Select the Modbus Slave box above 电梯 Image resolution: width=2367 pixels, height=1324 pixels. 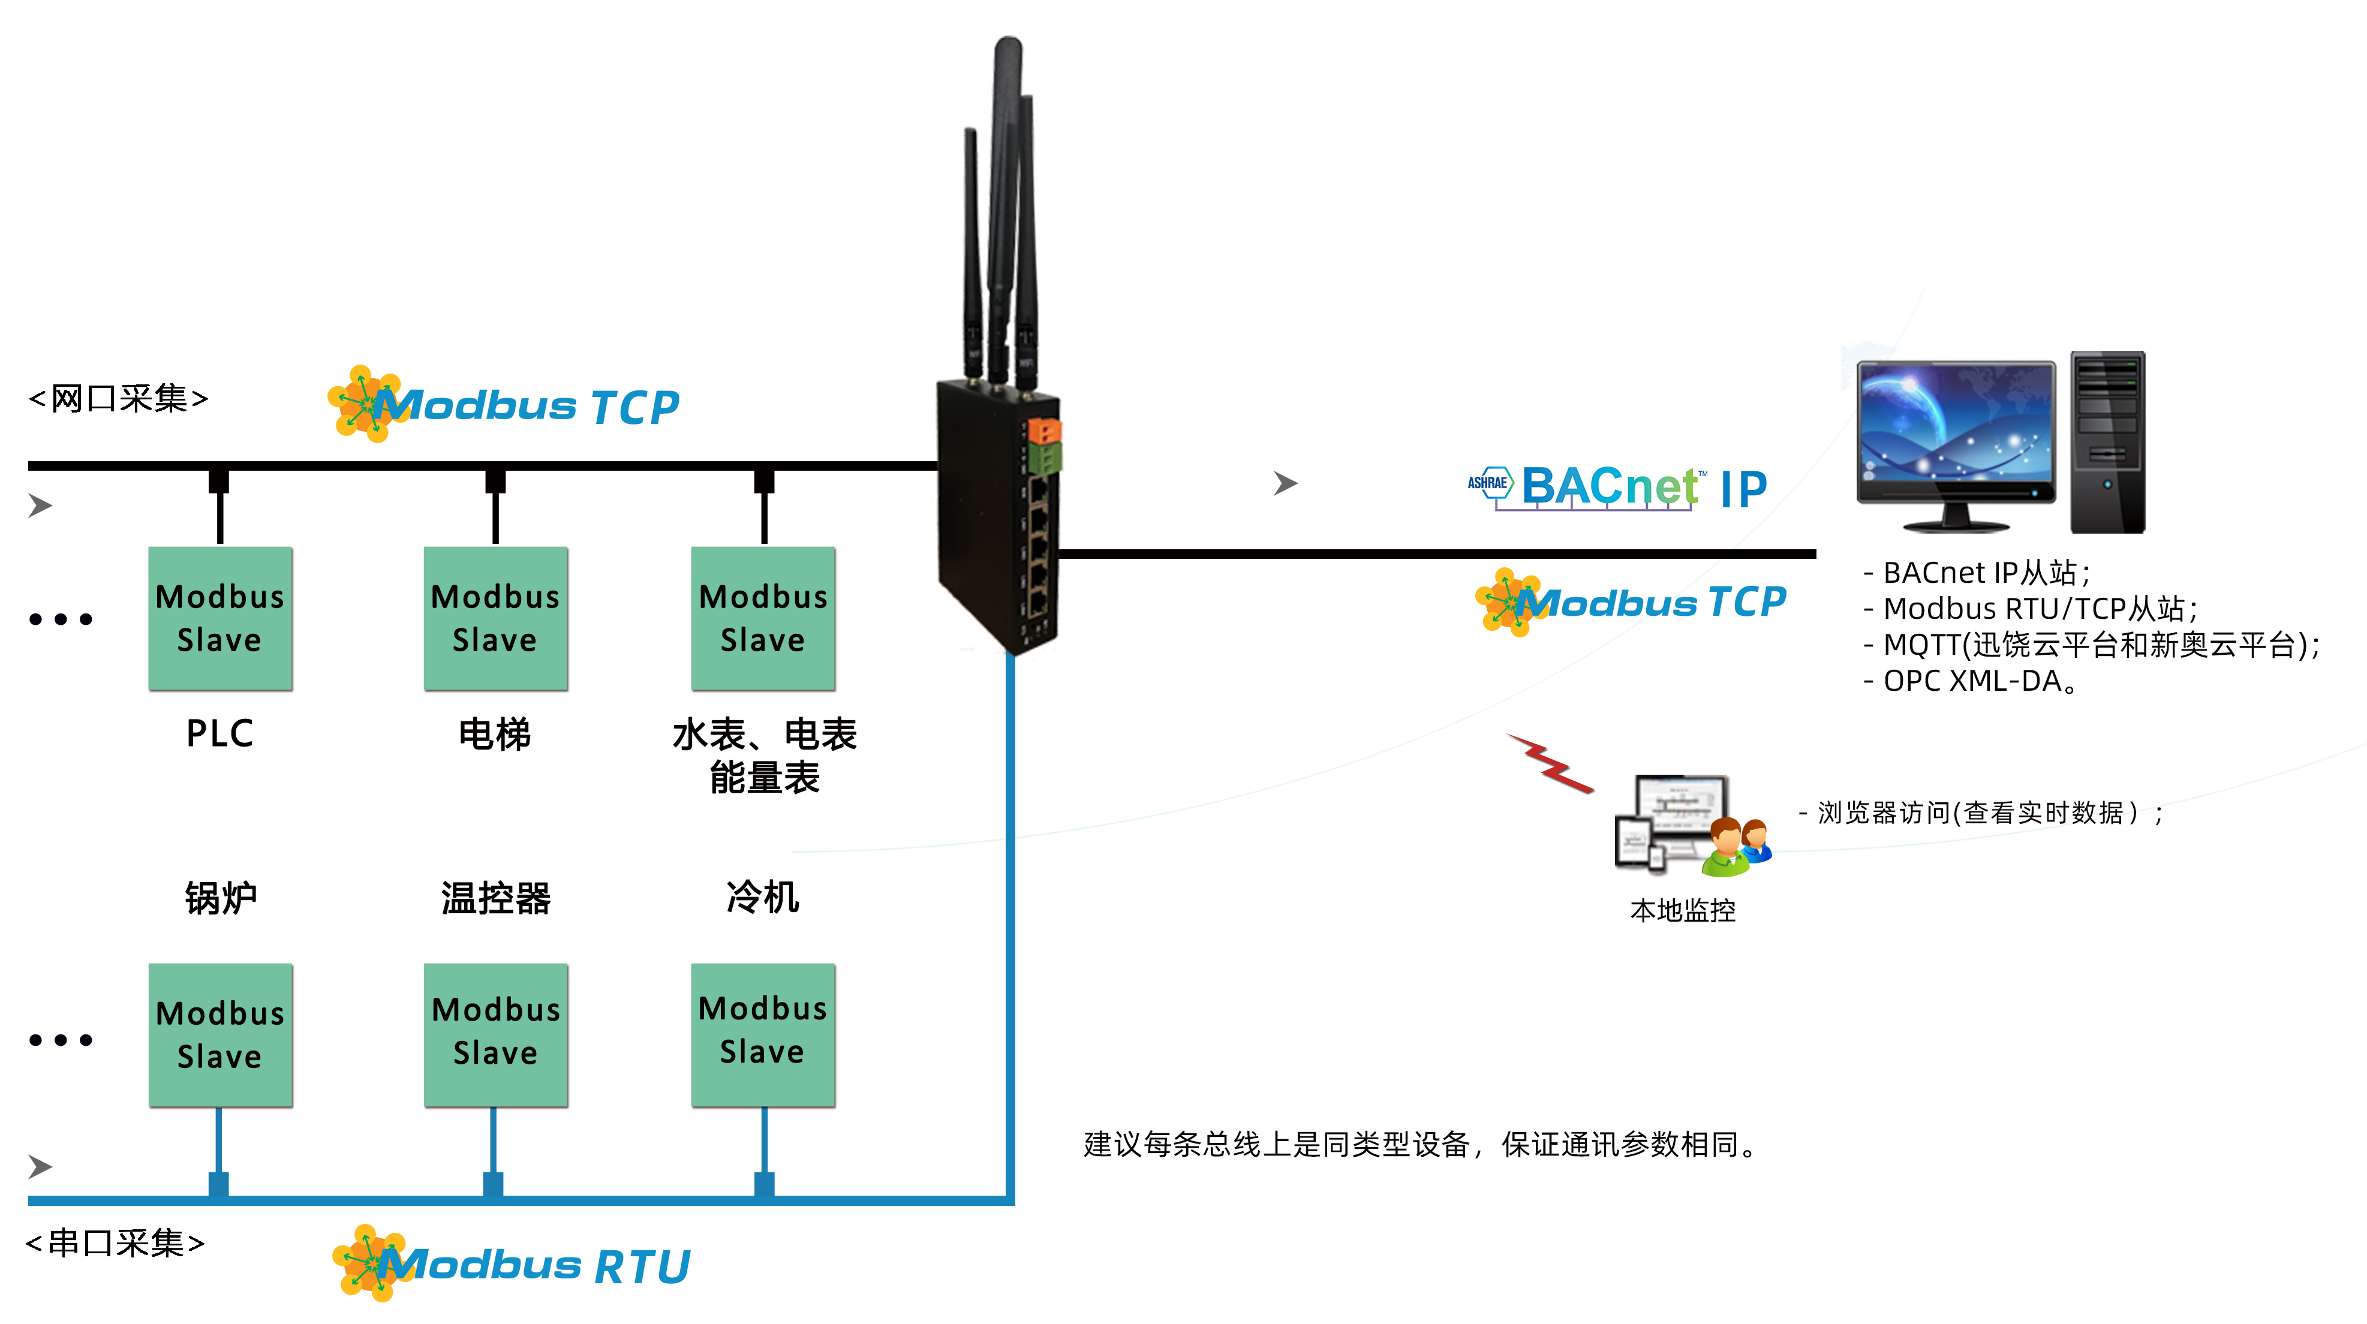click(x=495, y=618)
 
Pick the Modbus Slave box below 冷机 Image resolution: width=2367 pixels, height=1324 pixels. click(x=763, y=1034)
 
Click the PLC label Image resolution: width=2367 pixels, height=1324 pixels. click(x=219, y=733)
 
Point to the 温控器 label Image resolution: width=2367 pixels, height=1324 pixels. click(x=495, y=898)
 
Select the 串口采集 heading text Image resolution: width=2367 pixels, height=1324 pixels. click(x=116, y=1243)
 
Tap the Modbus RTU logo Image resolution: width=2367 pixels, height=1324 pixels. click(x=511, y=1264)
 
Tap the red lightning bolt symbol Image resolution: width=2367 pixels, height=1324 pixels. click(x=1551, y=763)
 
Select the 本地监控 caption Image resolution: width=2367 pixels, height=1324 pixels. click(x=1682, y=910)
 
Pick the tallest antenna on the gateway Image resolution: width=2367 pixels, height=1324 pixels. click(x=1007, y=183)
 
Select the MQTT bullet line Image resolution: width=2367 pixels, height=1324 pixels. click(x=2091, y=645)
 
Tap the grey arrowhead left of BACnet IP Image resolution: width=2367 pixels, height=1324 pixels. click(x=1285, y=483)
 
